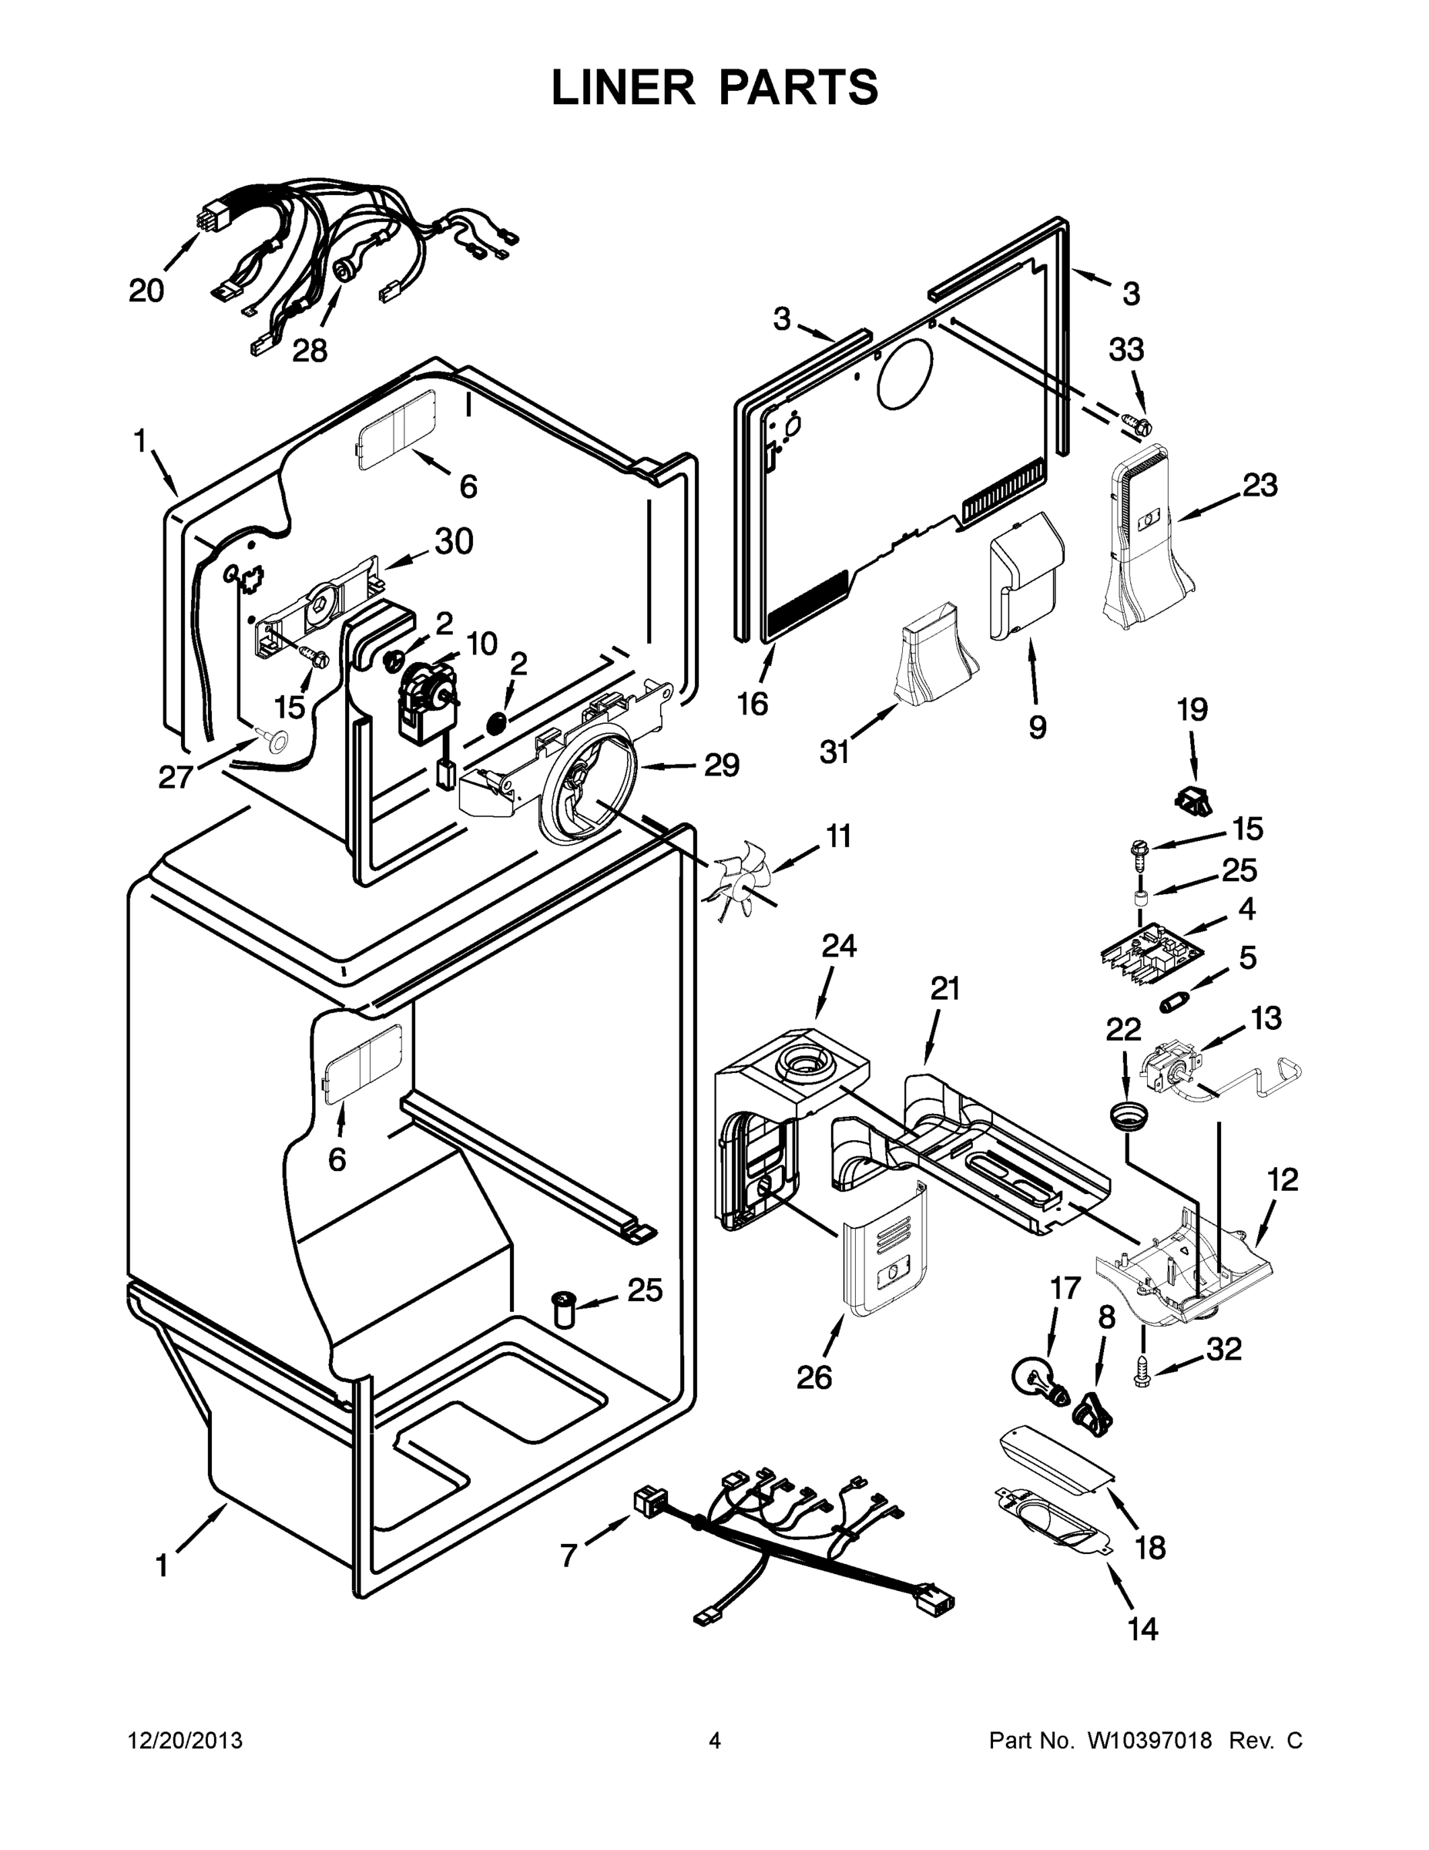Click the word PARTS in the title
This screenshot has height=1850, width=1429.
pyautogui.click(x=789, y=87)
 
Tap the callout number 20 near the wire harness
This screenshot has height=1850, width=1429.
pyautogui.click(x=146, y=291)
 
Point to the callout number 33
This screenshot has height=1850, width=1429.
pyautogui.click(x=1127, y=350)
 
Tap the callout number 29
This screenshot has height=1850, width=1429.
pyautogui.click(x=721, y=765)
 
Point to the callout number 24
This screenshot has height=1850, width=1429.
pyautogui.click(x=839, y=945)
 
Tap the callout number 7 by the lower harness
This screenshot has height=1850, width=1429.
pyautogui.click(x=569, y=1556)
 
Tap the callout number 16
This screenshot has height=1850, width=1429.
pyautogui.click(x=753, y=703)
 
